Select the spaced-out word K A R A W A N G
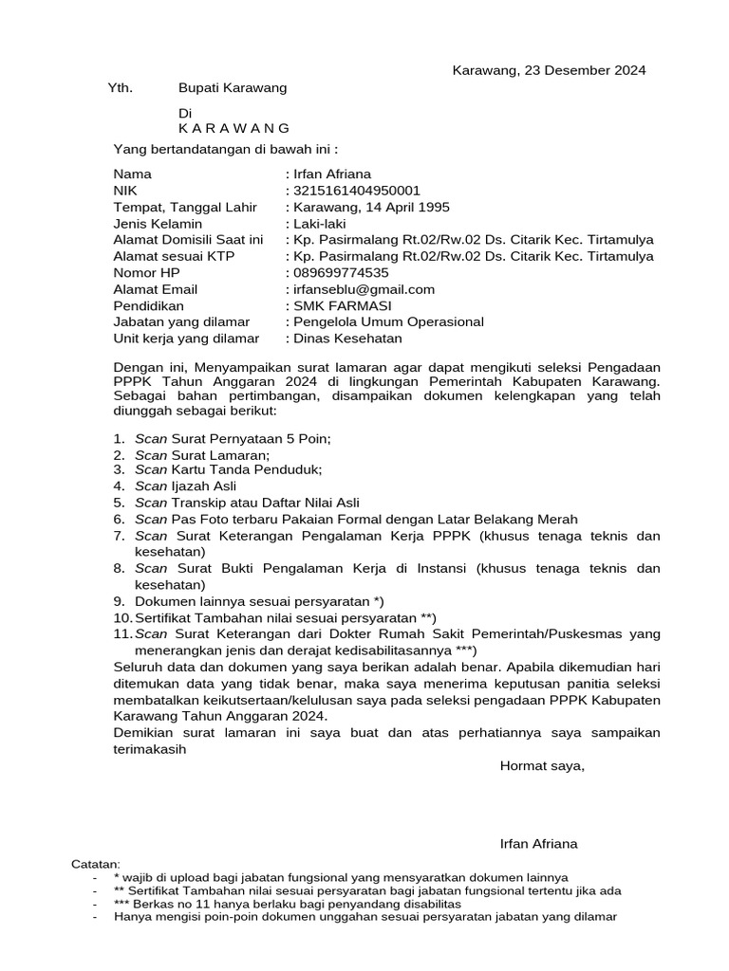234,128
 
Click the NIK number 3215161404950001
356,191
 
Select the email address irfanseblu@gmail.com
364,289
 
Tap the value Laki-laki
323,224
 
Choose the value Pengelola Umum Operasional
388,322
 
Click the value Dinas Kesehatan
347,339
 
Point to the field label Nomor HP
146,273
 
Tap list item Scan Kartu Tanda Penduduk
229,469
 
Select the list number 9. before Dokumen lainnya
119,601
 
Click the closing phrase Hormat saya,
542,766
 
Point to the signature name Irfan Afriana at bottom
538,844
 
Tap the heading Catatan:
97,864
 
